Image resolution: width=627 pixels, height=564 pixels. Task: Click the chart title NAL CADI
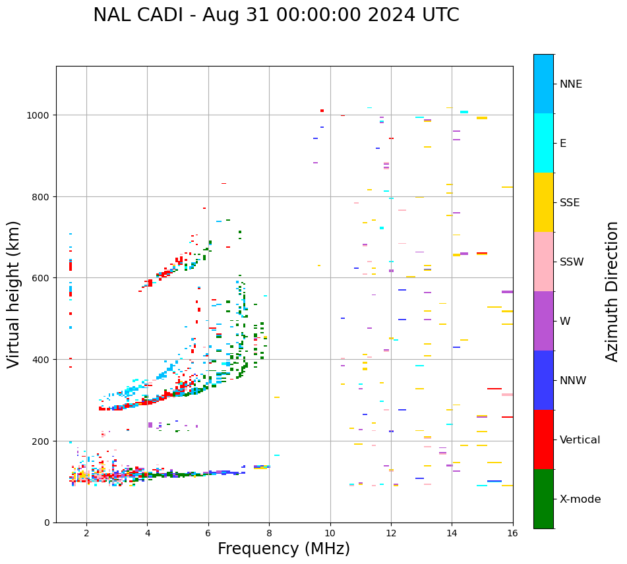(x=276, y=15)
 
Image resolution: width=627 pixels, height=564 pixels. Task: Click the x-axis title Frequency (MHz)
(x=284, y=549)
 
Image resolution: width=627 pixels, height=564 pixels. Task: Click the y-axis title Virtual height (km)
(x=14, y=295)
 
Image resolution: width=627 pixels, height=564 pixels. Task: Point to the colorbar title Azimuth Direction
(x=612, y=291)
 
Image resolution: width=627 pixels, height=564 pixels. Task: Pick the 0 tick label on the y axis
(x=47, y=522)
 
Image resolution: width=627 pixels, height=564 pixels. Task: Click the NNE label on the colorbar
(x=571, y=84)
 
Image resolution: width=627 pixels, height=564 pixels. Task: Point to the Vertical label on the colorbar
(x=580, y=440)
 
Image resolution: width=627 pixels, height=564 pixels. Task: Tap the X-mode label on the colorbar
(x=580, y=499)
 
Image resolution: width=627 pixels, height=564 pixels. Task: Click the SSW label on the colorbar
(x=572, y=262)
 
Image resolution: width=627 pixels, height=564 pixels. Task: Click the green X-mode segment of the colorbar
(x=543, y=499)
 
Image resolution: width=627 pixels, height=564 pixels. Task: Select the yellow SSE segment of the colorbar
(x=543, y=202)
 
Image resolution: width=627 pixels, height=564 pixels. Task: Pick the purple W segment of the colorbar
(x=543, y=321)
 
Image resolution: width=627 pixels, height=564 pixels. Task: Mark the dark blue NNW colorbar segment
(x=543, y=380)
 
